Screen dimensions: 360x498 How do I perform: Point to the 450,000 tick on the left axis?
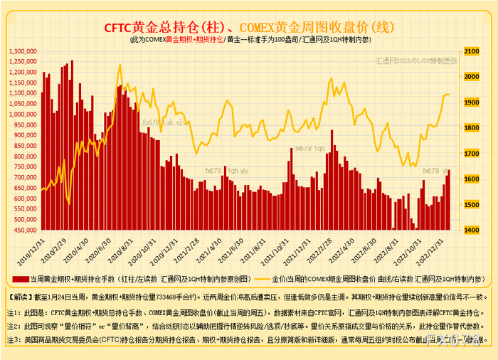(x=24, y=230)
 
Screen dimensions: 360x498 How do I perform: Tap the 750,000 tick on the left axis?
(x=24, y=167)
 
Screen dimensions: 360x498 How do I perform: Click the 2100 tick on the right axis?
(x=471, y=51)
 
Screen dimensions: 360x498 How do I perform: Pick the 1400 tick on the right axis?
(x=471, y=230)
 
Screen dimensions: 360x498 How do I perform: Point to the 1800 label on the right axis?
(x=471, y=128)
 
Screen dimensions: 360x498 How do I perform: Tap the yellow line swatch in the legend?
(x=255, y=278)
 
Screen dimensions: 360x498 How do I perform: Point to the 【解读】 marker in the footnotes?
(x=18, y=295)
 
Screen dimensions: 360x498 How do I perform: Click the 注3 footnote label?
(x=12, y=339)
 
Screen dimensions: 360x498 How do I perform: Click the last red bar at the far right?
(x=449, y=200)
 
